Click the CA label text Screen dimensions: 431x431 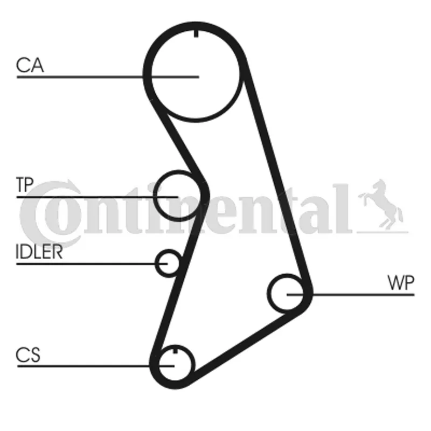[30, 65]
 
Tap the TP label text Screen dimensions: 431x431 [25, 184]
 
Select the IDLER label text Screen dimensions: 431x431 [39, 252]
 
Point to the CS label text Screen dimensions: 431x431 [28, 354]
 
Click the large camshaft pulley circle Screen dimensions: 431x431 [196, 74]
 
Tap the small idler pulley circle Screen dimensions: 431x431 [168, 263]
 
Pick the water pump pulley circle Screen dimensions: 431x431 [287, 294]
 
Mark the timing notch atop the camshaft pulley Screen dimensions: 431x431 [196, 33]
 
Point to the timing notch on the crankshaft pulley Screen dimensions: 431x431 [175, 351]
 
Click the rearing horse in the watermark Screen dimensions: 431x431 [381, 204]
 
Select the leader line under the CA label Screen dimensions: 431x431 [108, 77]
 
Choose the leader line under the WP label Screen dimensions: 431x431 [351, 295]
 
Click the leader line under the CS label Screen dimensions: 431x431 [96, 366]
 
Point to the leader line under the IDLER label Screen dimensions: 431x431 [92, 264]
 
